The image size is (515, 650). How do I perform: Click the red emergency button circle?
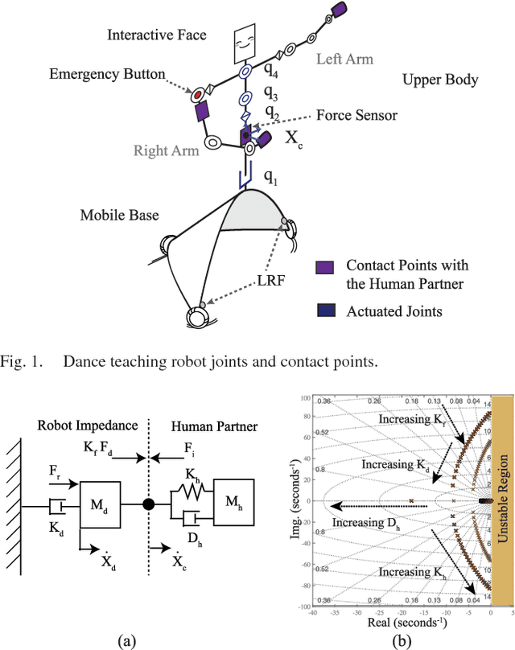point(196,95)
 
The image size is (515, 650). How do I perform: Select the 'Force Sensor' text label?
point(356,115)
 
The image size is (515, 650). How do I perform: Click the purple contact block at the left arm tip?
point(340,10)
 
